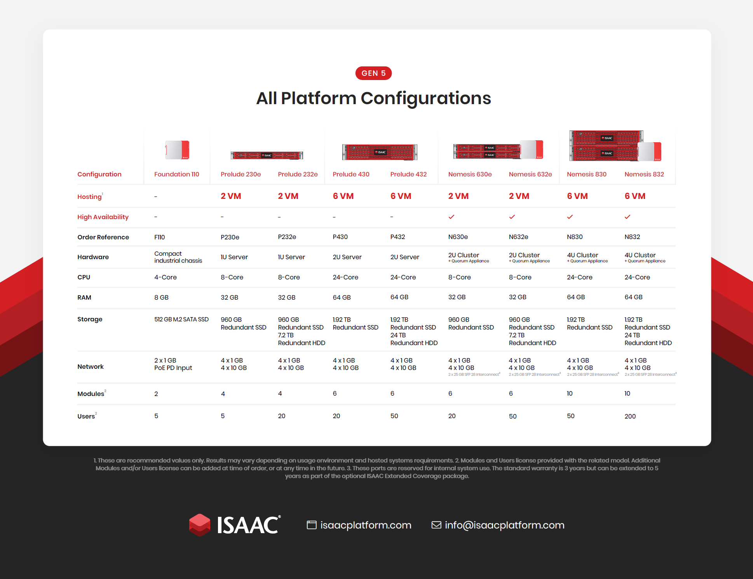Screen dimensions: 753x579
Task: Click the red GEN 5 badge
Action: coord(373,73)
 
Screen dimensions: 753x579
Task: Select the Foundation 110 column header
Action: coord(177,174)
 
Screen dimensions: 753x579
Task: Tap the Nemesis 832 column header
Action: coord(644,174)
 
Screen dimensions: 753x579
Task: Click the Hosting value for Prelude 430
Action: coord(343,196)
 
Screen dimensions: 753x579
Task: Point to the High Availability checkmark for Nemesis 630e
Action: coord(451,217)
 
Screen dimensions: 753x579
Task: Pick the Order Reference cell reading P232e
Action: coord(287,237)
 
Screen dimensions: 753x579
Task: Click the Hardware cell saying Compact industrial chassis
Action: coord(178,257)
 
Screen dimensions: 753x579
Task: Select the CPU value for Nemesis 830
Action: coord(580,277)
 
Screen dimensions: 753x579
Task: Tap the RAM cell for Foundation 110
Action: coord(161,297)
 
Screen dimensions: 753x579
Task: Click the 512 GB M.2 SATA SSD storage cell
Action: coord(181,319)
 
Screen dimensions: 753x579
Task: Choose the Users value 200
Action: coord(630,416)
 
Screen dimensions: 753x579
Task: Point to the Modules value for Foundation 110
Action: coord(156,394)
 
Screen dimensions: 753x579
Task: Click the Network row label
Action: coord(91,366)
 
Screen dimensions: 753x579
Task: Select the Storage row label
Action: coord(90,319)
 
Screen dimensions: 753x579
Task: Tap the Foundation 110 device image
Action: coord(177,150)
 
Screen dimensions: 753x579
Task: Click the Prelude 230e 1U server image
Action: coord(267,155)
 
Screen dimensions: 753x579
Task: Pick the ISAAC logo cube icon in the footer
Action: coord(200,525)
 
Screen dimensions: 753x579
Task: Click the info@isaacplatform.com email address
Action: coord(504,525)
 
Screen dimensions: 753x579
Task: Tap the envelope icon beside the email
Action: coord(436,525)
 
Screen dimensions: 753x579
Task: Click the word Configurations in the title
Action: coord(426,98)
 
